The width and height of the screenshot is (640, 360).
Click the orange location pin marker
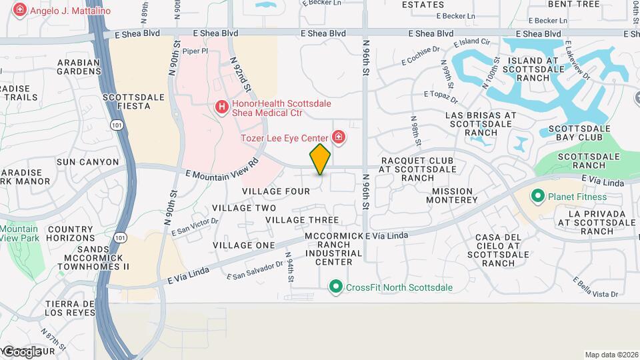321,159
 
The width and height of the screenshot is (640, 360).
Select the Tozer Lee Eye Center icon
339,138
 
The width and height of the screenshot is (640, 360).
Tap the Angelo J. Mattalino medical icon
20,10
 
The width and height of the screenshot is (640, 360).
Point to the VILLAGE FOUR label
276,191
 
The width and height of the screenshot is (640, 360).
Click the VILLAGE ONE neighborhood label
243,245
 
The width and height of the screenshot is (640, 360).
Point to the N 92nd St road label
241,74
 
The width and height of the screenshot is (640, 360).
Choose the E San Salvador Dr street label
255,270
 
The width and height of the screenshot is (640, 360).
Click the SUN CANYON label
87,161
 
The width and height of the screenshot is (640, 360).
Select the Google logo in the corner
21,351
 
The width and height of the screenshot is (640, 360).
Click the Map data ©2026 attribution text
611,355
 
